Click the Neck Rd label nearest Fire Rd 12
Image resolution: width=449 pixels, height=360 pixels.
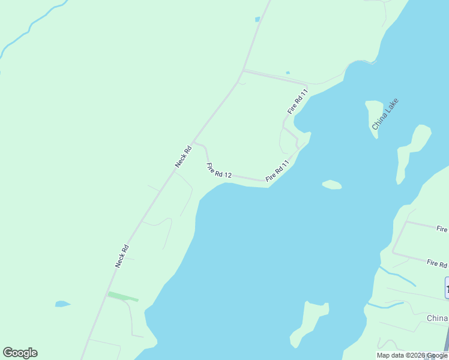(182, 156)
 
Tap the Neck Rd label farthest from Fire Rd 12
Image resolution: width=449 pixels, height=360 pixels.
(122, 256)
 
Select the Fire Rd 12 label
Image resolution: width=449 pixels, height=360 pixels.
(218, 170)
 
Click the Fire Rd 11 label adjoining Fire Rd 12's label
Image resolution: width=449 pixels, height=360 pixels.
(277, 170)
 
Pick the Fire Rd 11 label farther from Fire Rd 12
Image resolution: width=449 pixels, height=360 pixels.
(297, 101)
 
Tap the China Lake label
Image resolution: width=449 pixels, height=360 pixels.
(385, 114)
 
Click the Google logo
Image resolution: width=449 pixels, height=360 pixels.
(20, 353)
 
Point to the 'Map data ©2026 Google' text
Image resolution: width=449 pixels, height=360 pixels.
(412, 356)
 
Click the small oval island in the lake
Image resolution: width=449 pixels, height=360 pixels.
(332, 184)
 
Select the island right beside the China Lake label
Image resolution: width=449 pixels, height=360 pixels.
(373, 117)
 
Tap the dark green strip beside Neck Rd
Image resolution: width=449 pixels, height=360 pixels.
(122, 296)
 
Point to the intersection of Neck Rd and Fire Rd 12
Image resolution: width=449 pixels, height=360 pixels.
(194, 143)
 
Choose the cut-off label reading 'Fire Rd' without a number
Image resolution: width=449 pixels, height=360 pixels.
(437, 263)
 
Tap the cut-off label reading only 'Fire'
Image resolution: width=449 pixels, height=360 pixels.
(442, 229)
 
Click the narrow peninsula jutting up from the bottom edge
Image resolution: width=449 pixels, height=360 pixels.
(309, 324)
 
